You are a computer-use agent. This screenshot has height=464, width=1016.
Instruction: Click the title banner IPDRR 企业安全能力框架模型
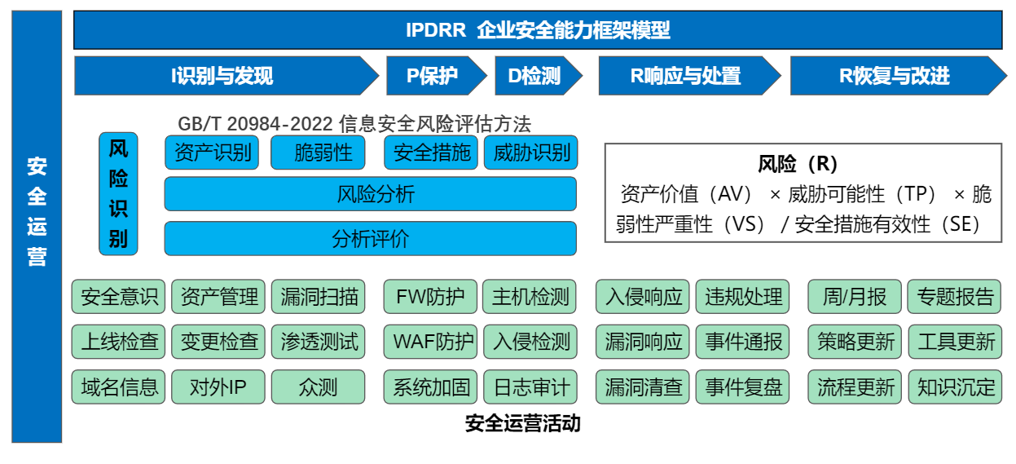click(538, 31)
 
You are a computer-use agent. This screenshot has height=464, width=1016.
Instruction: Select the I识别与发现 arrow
click(222, 76)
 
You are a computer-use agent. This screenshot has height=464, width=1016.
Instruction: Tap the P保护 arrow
click(432, 76)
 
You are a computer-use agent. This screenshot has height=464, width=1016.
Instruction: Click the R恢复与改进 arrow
click(894, 76)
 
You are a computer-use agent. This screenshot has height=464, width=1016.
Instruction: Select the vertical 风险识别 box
click(118, 194)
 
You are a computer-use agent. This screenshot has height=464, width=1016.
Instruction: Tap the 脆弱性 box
click(323, 152)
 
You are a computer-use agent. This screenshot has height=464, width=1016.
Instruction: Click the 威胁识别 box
click(531, 152)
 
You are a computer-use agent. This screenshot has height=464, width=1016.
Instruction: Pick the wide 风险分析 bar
click(371, 194)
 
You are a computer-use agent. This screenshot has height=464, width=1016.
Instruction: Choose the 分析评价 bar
click(371, 238)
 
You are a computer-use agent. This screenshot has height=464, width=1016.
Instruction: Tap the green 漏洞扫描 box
click(319, 297)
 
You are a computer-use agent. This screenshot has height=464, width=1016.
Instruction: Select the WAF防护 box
click(430, 341)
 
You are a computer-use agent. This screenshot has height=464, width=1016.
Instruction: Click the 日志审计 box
click(531, 387)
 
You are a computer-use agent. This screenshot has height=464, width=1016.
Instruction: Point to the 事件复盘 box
click(743, 387)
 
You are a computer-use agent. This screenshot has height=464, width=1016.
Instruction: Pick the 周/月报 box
click(854, 297)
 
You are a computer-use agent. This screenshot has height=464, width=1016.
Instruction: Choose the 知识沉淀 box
click(955, 387)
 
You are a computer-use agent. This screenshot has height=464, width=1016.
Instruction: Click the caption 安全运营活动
click(522, 423)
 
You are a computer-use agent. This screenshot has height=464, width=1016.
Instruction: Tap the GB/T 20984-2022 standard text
click(354, 124)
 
